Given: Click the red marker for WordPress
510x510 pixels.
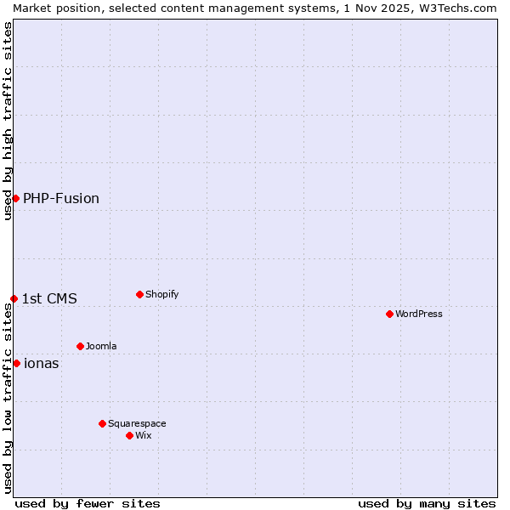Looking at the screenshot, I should pos(389,314).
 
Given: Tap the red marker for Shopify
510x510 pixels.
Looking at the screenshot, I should pos(139,294).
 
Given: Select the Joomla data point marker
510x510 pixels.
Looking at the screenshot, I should pos(80,346).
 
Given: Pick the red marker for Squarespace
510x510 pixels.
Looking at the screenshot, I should pos(102,423).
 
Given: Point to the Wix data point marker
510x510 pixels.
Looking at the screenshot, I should pos(129,435).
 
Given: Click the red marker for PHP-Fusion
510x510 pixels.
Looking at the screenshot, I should pos(15,198).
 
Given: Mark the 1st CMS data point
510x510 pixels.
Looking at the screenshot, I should pos(14,298).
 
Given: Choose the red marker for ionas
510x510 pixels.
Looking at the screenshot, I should pos(16,363).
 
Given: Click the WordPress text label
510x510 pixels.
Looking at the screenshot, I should pos(419,314).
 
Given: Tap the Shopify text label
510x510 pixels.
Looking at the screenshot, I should pos(161,294).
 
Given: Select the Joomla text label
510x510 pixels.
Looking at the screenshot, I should pos(101,346).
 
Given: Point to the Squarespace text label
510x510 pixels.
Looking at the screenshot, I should pos(137,423).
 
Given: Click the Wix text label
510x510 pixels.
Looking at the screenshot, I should pos(143,435).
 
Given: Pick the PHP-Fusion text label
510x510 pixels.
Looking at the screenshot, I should pos(61,198).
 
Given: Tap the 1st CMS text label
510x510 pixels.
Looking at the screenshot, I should pos(49,298).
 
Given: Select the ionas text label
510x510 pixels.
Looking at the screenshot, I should pos(42,363).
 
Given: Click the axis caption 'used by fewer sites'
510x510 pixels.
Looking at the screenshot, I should pos(88,503).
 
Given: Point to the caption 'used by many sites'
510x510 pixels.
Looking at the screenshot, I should pos(427,503).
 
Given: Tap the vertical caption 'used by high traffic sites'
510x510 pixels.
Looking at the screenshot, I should pos(8,121).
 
